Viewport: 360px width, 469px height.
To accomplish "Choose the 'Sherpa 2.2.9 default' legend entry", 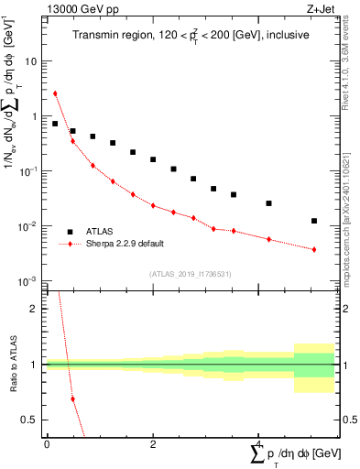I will pyautogui.click(x=128, y=245).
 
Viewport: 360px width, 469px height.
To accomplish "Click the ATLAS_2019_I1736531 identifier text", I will pyautogui.click(x=188, y=273).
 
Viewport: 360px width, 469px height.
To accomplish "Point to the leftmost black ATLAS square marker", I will pyautogui.click(x=55, y=124).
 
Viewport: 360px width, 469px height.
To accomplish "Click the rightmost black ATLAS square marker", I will pyautogui.click(x=314, y=221).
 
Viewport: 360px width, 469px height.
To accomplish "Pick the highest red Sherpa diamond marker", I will pyautogui.click(x=55, y=93).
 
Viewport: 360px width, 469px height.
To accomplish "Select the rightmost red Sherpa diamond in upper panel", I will pyautogui.click(x=314, y=249).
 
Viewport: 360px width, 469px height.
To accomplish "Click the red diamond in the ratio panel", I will pyautogui.click(x=72, y=399).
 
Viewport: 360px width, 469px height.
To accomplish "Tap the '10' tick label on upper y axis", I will pyautogui.click(x=31, y=61).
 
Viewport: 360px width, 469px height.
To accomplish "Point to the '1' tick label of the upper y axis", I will pyautogui.click(x=34, y=116).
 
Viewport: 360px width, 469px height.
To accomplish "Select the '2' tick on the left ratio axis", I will pyautogui.click(x=34, y=309).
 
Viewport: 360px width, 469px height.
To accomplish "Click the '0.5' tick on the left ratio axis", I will pyautogui.click(x=30, y=420).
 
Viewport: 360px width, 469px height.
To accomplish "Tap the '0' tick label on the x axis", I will pyautogui.click(x=47, y=444).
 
